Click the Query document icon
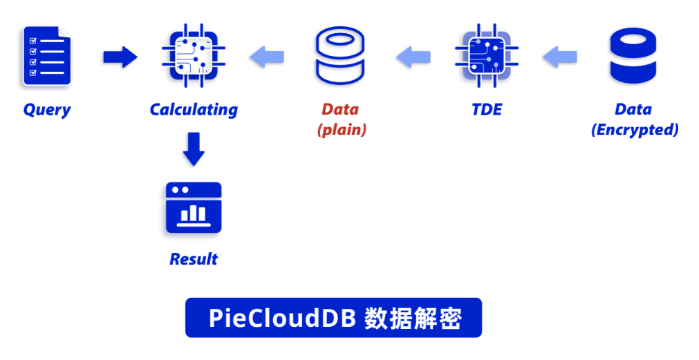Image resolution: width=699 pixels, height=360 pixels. (x=46, y=56)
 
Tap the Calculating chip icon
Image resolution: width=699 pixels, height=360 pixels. (x=194, y=56)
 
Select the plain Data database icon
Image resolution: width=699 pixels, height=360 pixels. (x=339, y=57)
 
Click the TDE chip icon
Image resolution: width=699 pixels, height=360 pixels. (x=485, y=56)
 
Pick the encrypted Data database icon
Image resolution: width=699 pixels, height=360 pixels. (x=632, y=57)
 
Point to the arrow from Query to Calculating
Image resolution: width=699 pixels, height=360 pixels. (x=119, y=57)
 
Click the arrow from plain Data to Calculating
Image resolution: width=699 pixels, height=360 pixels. (x=266, y=57)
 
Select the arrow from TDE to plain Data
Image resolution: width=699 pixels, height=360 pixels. (x=413, y=57)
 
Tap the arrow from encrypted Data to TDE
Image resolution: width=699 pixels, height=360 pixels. (x=559, y=57)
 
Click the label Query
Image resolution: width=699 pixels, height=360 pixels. (x=47, y=109)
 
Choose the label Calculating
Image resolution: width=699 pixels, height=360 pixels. (x=194, y=109)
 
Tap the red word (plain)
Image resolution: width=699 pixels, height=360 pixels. (x=341, y=130)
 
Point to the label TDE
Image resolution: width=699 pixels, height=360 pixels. (x=486, y=109)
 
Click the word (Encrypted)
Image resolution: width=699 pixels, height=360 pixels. (x=634, y=130)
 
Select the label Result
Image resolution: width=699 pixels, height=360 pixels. (x=193, y=259)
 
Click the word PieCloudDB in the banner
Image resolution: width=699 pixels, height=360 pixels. (x=282, y=319)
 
